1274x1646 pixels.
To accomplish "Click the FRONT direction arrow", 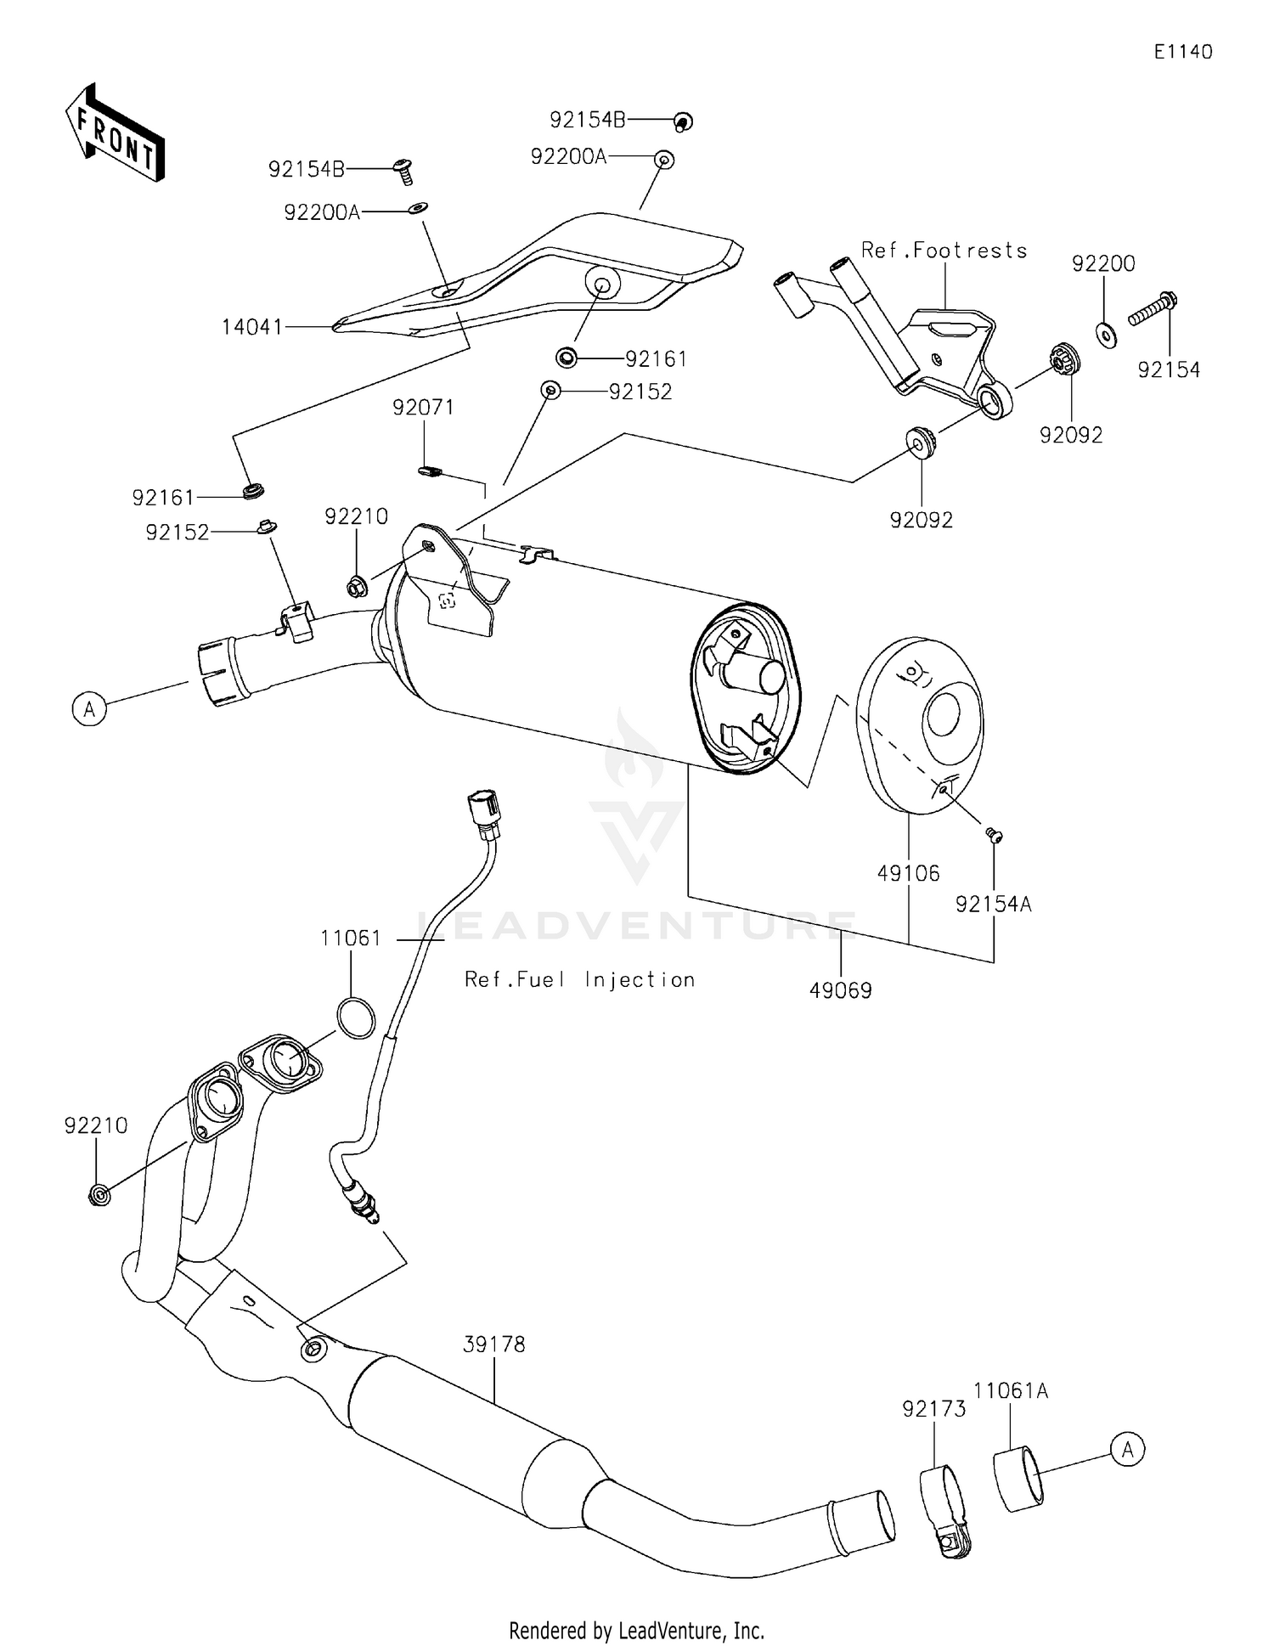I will pos(115,134).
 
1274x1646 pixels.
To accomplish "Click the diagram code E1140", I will pos(1182,52).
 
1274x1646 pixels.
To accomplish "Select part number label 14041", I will pos(251,326).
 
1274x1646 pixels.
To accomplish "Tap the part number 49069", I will pos(840,990).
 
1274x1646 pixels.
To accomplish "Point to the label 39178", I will pos(494,1344).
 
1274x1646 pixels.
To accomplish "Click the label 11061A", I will pos(1010,1391).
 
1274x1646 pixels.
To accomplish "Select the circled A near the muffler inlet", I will pos(89,707).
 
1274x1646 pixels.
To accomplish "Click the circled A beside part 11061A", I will pos(1127,1449).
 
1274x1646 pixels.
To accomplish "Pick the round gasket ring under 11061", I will pos(356,1017).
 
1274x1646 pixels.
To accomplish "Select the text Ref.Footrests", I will pos(944,251).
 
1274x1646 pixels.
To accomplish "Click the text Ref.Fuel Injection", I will pos(579,979).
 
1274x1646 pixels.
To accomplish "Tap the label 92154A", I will pos(993,905).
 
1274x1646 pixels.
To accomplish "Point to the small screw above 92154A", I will pos(994,836).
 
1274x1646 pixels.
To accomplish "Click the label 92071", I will pos(423,408).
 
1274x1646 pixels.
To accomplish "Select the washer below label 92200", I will pos(1107,335).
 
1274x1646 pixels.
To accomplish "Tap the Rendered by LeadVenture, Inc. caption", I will pos(636,1630).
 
